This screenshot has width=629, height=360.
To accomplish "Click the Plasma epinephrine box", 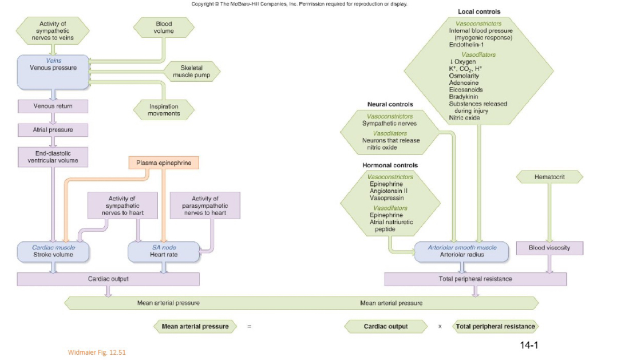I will point(164,163).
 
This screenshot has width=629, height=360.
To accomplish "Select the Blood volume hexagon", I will point(164,27).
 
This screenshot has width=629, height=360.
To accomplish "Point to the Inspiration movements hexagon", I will point(164,110).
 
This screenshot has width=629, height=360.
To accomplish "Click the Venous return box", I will point(53,106).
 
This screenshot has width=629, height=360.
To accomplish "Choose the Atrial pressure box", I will point(53,130).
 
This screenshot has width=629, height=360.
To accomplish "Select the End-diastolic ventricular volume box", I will point(53,157).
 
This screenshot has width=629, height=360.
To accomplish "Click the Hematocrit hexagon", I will point(549,177).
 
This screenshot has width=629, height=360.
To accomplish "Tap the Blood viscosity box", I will point(549,248).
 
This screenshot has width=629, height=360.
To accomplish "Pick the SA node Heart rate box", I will point(164,251).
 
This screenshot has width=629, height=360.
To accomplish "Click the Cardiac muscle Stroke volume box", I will point(53,251).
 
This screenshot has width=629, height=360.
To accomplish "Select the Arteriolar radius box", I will point(462,251).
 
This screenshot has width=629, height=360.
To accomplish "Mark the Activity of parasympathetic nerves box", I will point(205,205).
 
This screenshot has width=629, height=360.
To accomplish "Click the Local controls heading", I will point(479,11).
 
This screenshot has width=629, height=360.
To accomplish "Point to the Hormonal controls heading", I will point(390,165).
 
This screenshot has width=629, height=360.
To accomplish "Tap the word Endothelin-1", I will point(466,44).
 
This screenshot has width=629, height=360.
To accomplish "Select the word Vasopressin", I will point(387,198).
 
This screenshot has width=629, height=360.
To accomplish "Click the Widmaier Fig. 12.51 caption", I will point(97,352).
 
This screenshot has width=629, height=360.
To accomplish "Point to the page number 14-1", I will point(529,345).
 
